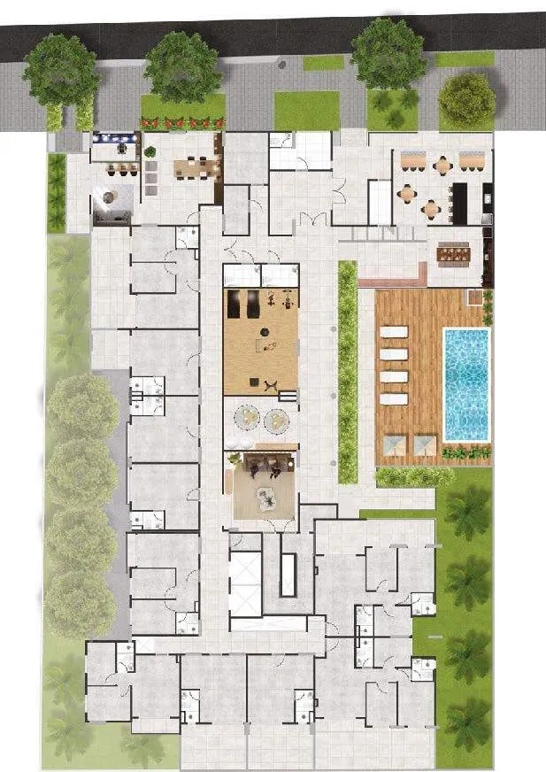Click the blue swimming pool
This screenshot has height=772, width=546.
465,383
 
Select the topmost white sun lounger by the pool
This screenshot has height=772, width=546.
393,332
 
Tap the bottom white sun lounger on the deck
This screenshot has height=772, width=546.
393,398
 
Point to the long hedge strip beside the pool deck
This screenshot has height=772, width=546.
347,371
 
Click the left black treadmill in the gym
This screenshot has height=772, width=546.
235,305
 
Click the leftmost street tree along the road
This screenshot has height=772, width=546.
61,70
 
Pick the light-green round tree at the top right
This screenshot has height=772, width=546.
466,100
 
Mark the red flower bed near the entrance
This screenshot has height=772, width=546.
183,122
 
